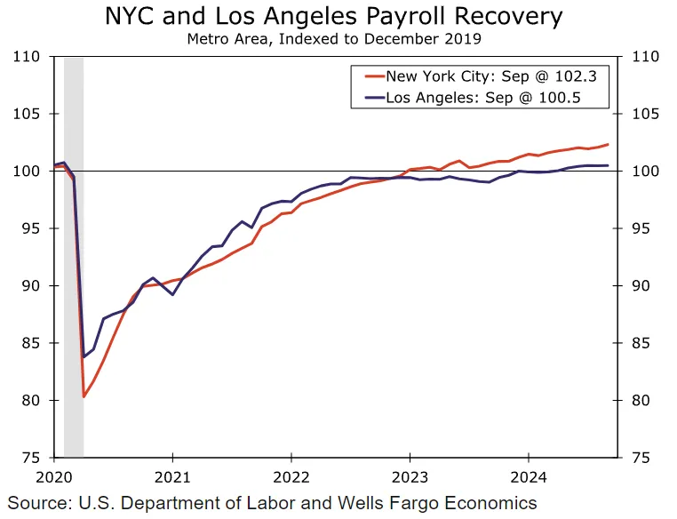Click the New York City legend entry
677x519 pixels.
coord(490,76)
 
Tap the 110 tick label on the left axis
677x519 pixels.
coord(28,57)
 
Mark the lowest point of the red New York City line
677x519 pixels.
coord(84,396)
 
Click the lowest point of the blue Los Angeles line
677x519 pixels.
coord(84,356)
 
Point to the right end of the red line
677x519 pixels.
coord(609,144)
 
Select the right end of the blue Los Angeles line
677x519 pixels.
coord(609,165)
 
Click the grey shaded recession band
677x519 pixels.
coord(74,267)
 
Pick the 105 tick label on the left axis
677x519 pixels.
coord(28,114)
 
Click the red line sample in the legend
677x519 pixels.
coord(369,76)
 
